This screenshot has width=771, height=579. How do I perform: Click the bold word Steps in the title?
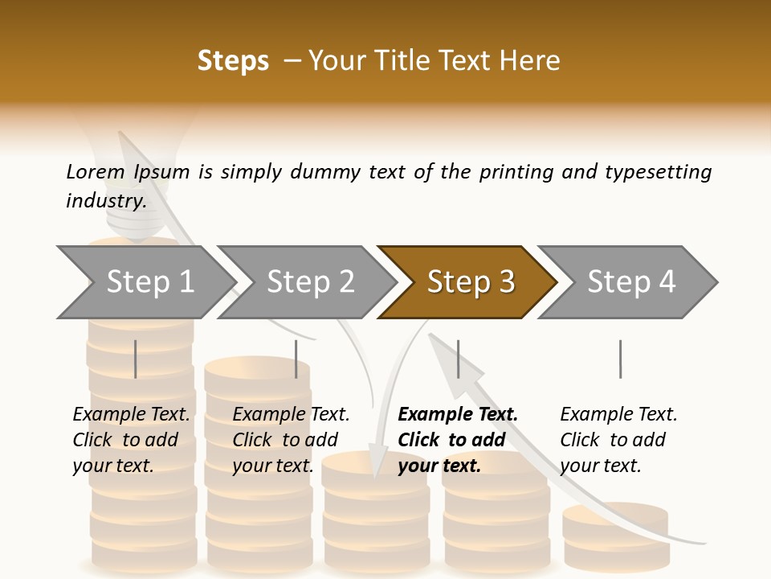pyautogui.click(x=233, y=61)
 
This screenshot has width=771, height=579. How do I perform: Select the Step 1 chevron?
pyautogui.click(x=149, y=282)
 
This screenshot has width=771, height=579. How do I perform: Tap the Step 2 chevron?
pyautogui.click(x=310, y=282)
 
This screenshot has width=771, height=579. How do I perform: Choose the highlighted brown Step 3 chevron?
pyautogui.click(x=471, y=282)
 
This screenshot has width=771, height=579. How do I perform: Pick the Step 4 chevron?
pyautogui.click(x=631, y=282)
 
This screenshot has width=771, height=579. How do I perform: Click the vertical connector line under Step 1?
pyautogui.click(x=136, y=359)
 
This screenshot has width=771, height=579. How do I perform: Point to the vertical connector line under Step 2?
pyautogui.click(x=296, y=359)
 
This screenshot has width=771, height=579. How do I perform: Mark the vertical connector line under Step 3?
pyautogui.click(x=458, y=359)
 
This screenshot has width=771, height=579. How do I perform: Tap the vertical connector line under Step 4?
pyautogui.click(x=620, y=359)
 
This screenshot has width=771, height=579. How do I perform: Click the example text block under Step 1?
pyautogui.click(x=131, y=440)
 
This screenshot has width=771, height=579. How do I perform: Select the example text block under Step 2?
pyautogui.click(x=291, y=440)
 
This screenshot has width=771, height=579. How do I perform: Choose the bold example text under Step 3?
pyautogui.click(x=458, y=440)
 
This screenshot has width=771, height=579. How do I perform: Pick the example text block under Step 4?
pyautogui.click(x=618, y=440)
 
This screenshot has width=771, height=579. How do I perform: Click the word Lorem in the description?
pyautogui.click(x=96, y=171)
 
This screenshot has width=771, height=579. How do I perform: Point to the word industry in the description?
pyautogui.click(x=105, y=201)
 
